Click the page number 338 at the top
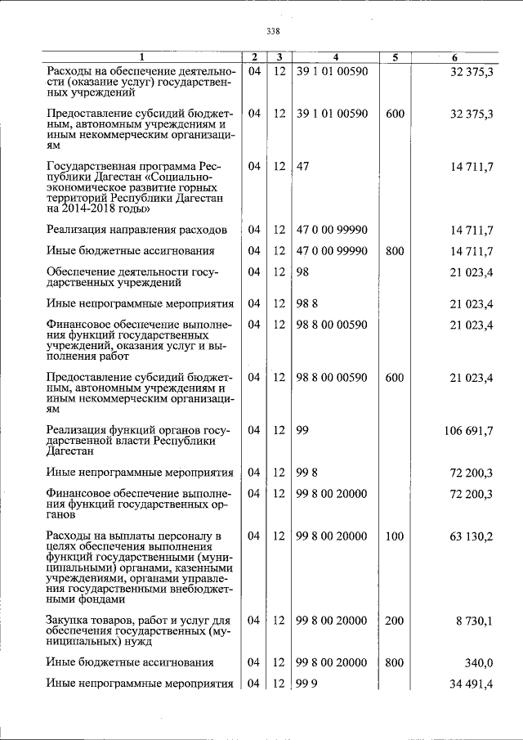point(273,31)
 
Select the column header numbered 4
point(335,57)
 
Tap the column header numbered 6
point(454,57)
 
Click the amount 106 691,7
point(468,430)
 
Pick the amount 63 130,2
point(472,536)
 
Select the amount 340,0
point(479,662)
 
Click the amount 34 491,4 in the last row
point(472,684)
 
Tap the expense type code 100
point(395,536)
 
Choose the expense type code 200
point(395,621)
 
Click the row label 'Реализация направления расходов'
point(133,230)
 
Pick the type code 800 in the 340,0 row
point(395,662)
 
